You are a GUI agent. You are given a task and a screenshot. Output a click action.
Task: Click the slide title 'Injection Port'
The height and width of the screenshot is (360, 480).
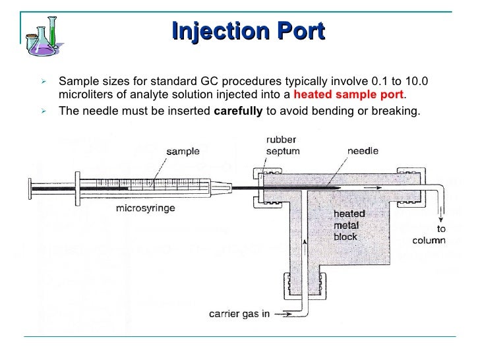247,30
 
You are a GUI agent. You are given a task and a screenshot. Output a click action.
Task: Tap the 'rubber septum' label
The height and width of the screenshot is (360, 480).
281,146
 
